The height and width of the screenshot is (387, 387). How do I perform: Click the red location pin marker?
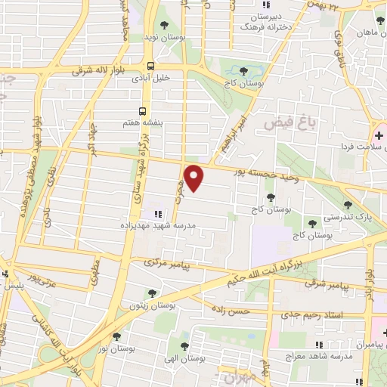195,178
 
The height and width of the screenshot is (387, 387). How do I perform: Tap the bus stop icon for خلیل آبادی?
151,66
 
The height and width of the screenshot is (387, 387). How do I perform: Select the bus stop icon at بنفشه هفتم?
144,108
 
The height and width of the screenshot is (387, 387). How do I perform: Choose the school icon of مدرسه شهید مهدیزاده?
158,214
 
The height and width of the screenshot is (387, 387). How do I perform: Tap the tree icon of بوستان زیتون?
152,293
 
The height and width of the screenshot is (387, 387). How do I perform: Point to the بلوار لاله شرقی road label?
104,70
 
